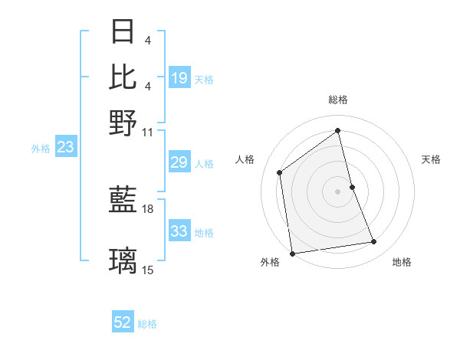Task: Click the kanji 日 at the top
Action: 123,31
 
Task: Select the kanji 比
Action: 123,77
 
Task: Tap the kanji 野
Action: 123,123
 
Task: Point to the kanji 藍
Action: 123,201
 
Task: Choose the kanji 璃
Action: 123,261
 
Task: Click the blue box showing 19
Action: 179,78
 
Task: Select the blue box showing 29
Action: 179,162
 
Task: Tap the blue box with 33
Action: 179,231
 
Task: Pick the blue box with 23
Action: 65,148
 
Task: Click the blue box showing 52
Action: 123,323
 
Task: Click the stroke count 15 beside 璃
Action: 148,270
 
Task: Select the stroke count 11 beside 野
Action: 148,132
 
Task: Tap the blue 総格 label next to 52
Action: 147,324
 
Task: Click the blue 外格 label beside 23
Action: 40,149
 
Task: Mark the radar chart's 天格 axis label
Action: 431,159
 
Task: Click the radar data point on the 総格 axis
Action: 338,130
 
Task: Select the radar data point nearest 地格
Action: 374,242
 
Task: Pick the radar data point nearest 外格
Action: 292,253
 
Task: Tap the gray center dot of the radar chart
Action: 338,191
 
